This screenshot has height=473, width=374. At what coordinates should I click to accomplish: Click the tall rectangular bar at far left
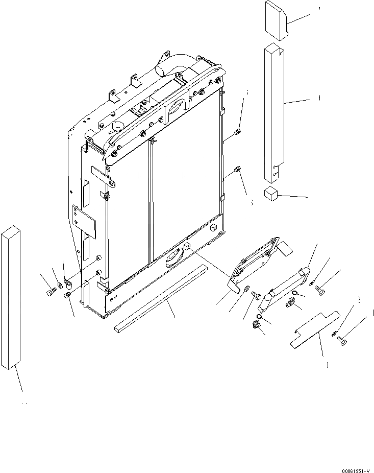(x=13, y=296)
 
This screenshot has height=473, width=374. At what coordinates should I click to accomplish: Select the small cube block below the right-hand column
(x=270, y=194)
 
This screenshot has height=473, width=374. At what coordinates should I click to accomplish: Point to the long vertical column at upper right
(x=273, y=112)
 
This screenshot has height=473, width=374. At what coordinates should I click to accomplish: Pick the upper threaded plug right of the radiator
(x=237, y=134)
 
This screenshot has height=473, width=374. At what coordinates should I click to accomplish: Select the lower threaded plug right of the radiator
(x=237, y=170)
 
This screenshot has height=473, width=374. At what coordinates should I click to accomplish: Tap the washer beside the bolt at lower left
(x=60, y=284)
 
